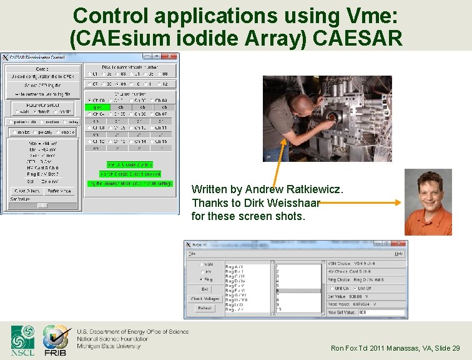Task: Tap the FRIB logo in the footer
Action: pyautogui.click(x=56, y=340)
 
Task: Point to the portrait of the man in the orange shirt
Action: pyautogui.click(x=428, y=202)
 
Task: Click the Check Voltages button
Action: pyautogui.click(x=205, y=299)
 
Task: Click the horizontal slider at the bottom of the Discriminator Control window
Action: pyautogui.click(x=42, y=205)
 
